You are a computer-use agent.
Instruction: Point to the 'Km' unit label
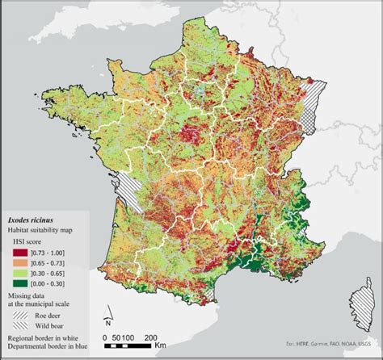(160, 345)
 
